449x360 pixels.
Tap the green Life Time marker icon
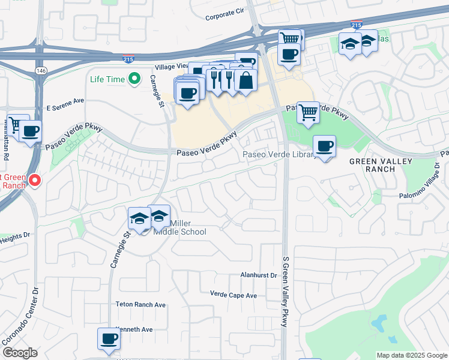[x=135, y=79]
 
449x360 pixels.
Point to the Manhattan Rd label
[x=6, y=142]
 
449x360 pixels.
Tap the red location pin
[x=35, y=179]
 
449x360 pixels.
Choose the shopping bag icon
[x=246, y=80]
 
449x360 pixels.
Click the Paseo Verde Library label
[x=279, y=155]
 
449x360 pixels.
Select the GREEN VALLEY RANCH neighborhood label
[x=381, y=164]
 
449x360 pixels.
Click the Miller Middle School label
[x=180, y=227]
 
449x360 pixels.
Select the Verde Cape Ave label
[x=234, y=295]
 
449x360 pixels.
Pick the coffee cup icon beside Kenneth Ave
[x=109, y=338]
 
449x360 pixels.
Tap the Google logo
[x=20, y=353]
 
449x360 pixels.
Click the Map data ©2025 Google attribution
[x=412, y=355]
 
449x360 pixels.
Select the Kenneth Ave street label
[x=135, y=329]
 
